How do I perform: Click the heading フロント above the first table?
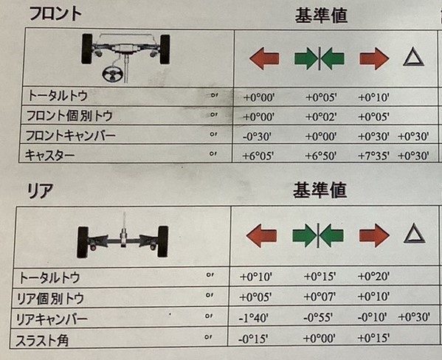(x=55, y=14)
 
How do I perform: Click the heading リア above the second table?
(x=40, y=190)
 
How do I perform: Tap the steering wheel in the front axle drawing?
(x=112, y=75)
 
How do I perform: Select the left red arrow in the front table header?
(x=264, y=58)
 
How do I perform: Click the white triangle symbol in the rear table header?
(x=414, y=233)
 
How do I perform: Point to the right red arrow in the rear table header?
(x=374, y=235)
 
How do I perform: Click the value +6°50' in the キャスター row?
(x=321, y=156)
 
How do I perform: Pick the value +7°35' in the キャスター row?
(x=373, y=156)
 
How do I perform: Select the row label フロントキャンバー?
(x=71, y=136)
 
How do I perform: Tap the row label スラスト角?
(x=42, y=341)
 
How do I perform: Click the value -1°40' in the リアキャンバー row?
(x=253, y=318)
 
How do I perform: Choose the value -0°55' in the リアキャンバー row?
(x=318, y=318)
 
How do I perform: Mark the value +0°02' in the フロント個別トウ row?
(x=321, y=117)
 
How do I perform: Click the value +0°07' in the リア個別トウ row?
(x=320, y=297)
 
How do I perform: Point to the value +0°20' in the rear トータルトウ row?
(x=373, y=277)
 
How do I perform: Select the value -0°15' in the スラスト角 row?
(x=253, y=339)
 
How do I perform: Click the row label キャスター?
(x=50, y=156)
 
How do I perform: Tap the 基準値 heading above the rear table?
(x=320, y=190)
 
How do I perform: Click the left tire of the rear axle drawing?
(x=83, y=243)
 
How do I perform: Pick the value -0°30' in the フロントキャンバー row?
(x=257, y=136)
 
